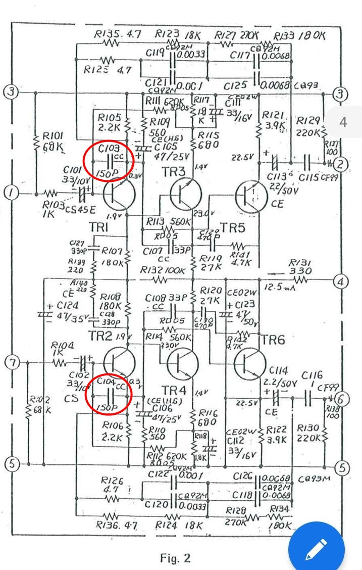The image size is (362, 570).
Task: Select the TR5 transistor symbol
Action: (252, 196)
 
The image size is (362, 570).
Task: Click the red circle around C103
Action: (108, 160)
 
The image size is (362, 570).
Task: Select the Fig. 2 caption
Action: (175, 558)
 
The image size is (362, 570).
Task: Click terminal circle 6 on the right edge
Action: (342, 399)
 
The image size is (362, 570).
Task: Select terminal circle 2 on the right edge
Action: (342, 163)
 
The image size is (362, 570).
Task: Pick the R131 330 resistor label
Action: (298, 267)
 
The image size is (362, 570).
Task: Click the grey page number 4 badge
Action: (343, 122)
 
